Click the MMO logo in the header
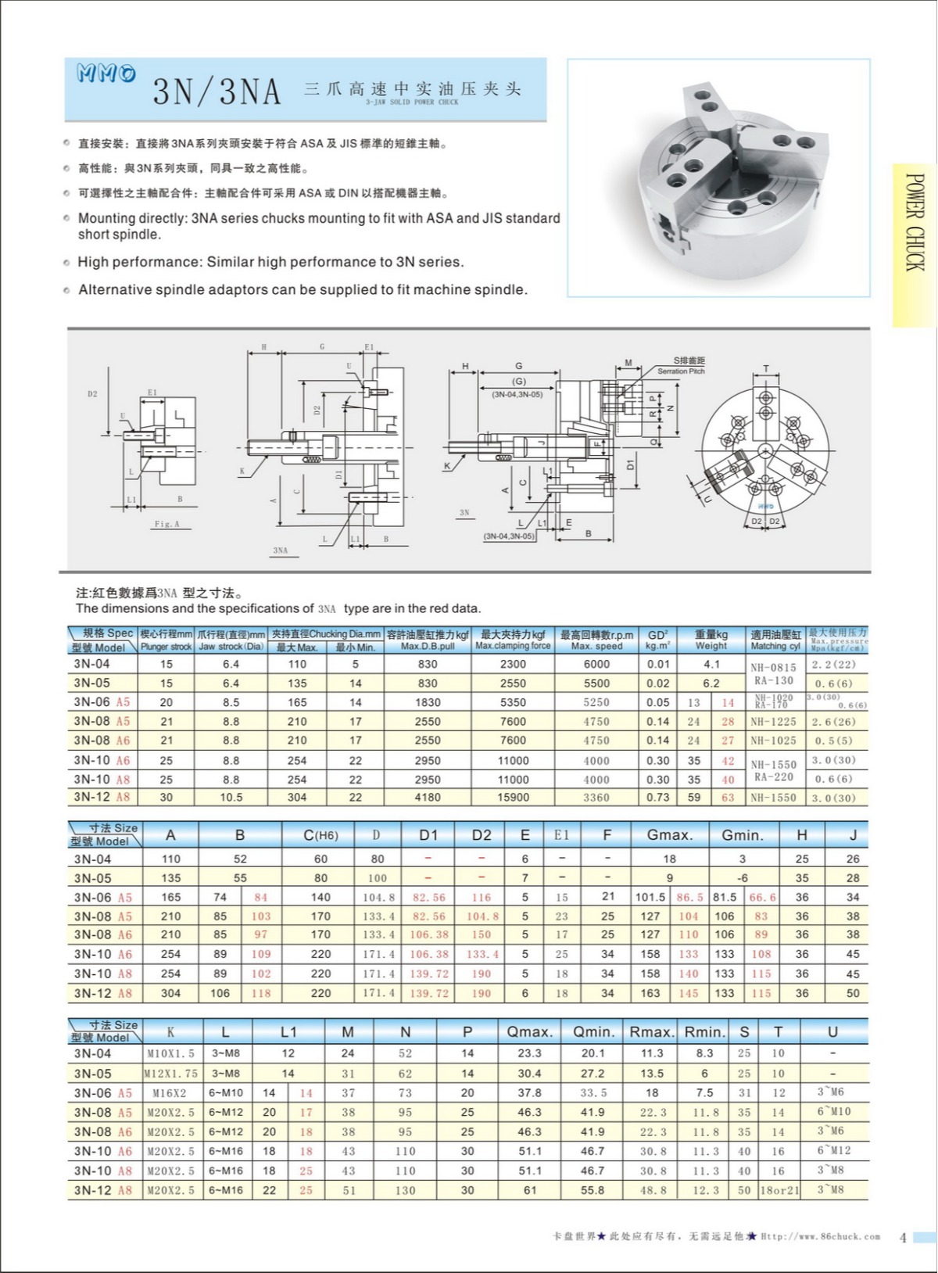[x=106, y=74]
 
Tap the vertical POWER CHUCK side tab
[x=914, y=223]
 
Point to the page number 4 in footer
[x=903, y=1237]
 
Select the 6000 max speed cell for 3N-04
[x=596, y=664]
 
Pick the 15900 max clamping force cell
[x=513, y=798]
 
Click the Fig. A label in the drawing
[x=166, y=524]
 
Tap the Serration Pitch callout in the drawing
[x=681, y=371]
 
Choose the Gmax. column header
[x=670, y=835]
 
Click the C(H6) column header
[x=320, y=835]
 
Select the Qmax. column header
[x=529, y=1032]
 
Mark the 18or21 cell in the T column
[x=779, y=1190]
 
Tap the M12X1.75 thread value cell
[x=170, y=1074]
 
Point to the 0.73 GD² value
[x=658, y=798]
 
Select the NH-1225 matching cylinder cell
[x=773, y=722]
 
